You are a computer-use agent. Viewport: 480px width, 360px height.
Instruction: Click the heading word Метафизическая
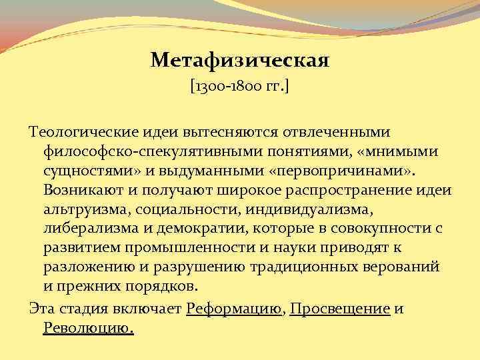[240, 61]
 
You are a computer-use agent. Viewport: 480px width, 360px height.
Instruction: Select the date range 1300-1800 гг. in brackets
[239, 87]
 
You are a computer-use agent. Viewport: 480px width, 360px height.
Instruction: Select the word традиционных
[295, 268]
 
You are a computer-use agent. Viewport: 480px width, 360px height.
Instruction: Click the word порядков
[159, 287]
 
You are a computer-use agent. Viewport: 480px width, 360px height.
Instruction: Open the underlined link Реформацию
[235, 309]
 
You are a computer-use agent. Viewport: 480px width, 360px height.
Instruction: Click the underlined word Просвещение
[340, 309]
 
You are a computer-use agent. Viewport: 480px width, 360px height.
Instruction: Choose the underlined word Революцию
[88, 328]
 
